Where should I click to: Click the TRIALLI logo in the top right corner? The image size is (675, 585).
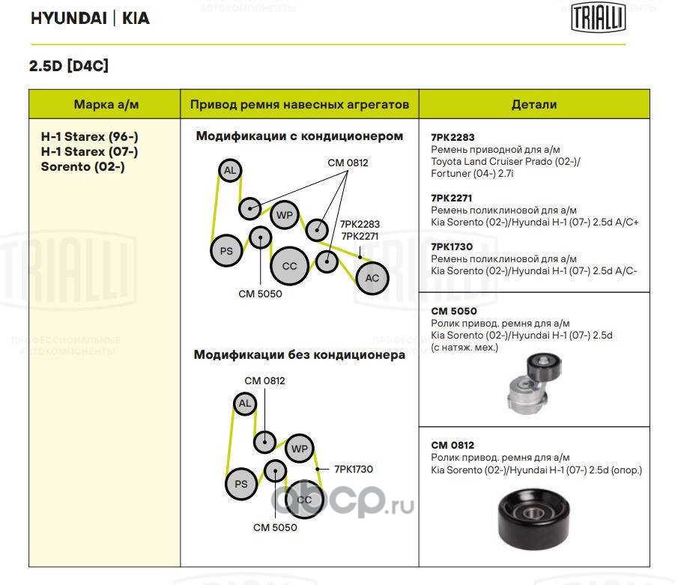pyautogui.click(x=598, y=17)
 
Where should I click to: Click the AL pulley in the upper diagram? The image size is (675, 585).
pyautogui.click(x=230, y=172)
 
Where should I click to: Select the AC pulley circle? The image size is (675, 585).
pyautogui.click(x=372, y=278)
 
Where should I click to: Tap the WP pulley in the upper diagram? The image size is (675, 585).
pyautogui.click(x=285, y=216)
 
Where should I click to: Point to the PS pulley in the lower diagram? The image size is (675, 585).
pyautogui.click(x=241, y=484)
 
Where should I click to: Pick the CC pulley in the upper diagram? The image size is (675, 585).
pyautogui.click(x=289, y=266)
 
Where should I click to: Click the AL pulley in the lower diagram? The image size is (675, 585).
pyautogui.click(x=243, y=404)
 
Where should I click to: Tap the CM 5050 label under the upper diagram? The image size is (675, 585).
pyautogui.click(x=260, y=294)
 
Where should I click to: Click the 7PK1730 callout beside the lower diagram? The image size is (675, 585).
pyautogui.click(x=354, y=469)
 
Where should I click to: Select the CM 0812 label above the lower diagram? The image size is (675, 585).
pyautogui.click(x=264, y=381)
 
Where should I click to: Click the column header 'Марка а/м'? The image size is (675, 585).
pyautogui.click(x=106, y=105)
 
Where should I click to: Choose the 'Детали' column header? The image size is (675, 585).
pyautogui.click(x=533, y=105)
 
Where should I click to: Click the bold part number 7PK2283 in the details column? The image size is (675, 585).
pyautogui.click(x=452, y=138)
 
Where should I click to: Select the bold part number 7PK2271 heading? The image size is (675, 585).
pyautogui.click(x=452, y=198)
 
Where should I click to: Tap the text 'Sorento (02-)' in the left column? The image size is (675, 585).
pyautogui.click(x=82, y=166)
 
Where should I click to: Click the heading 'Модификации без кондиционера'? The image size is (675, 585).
pyautogui.click(x=299, y=355)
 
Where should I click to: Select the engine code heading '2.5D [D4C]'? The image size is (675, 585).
pyautogui.click(x=69, y=66)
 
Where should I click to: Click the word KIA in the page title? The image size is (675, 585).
pyautogui.click(x=136, y=19)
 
